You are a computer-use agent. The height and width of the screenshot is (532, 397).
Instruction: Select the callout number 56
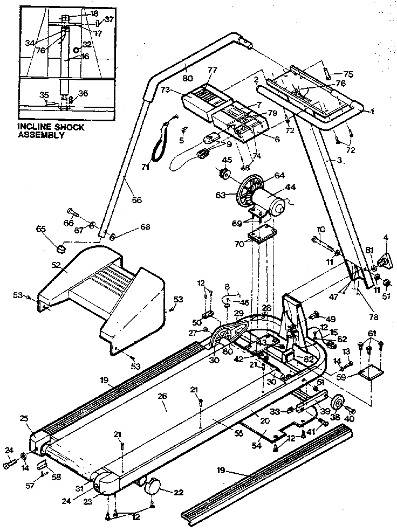point(136,200)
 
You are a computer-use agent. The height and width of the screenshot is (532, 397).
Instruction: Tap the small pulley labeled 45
point(224,174)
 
